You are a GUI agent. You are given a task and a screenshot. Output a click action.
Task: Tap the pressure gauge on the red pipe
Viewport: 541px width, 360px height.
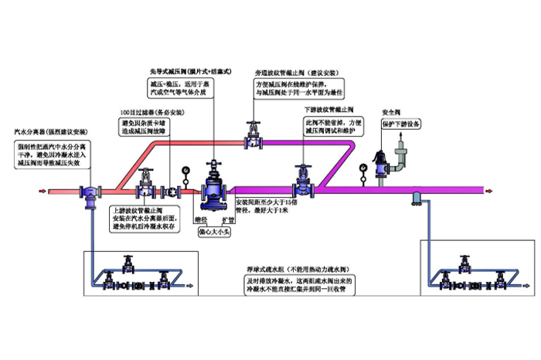[x=185, y=168]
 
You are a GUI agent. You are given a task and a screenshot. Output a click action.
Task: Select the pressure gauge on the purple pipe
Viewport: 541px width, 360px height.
[x=362, y=165]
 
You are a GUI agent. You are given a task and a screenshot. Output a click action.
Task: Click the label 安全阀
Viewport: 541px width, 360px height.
[x=392, y=110]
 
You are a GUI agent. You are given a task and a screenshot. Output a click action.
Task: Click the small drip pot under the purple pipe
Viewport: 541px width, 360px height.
[x=416, y=199]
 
